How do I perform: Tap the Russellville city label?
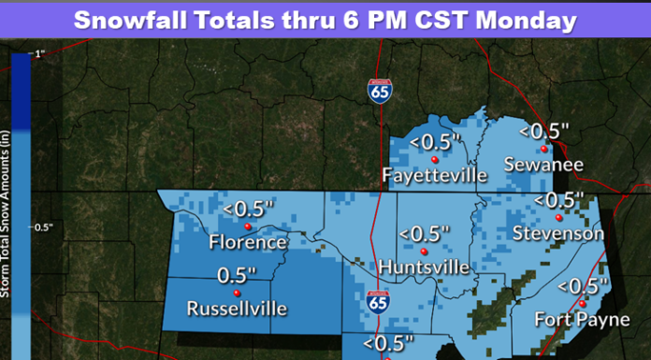[237, 308]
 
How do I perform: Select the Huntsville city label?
[425, 267]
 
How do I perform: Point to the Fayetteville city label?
[435, 175]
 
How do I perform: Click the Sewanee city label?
[543, 165]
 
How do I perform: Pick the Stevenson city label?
[557, 233]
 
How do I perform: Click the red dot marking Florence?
[248, 226]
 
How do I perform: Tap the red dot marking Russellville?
[238, 292]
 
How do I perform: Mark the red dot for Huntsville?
[424, 252]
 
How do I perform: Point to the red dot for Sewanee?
[543, 148]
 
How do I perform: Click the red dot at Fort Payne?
[581, 303]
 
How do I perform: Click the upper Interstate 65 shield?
[379, 92]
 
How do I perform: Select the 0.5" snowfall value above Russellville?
[236, 276]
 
